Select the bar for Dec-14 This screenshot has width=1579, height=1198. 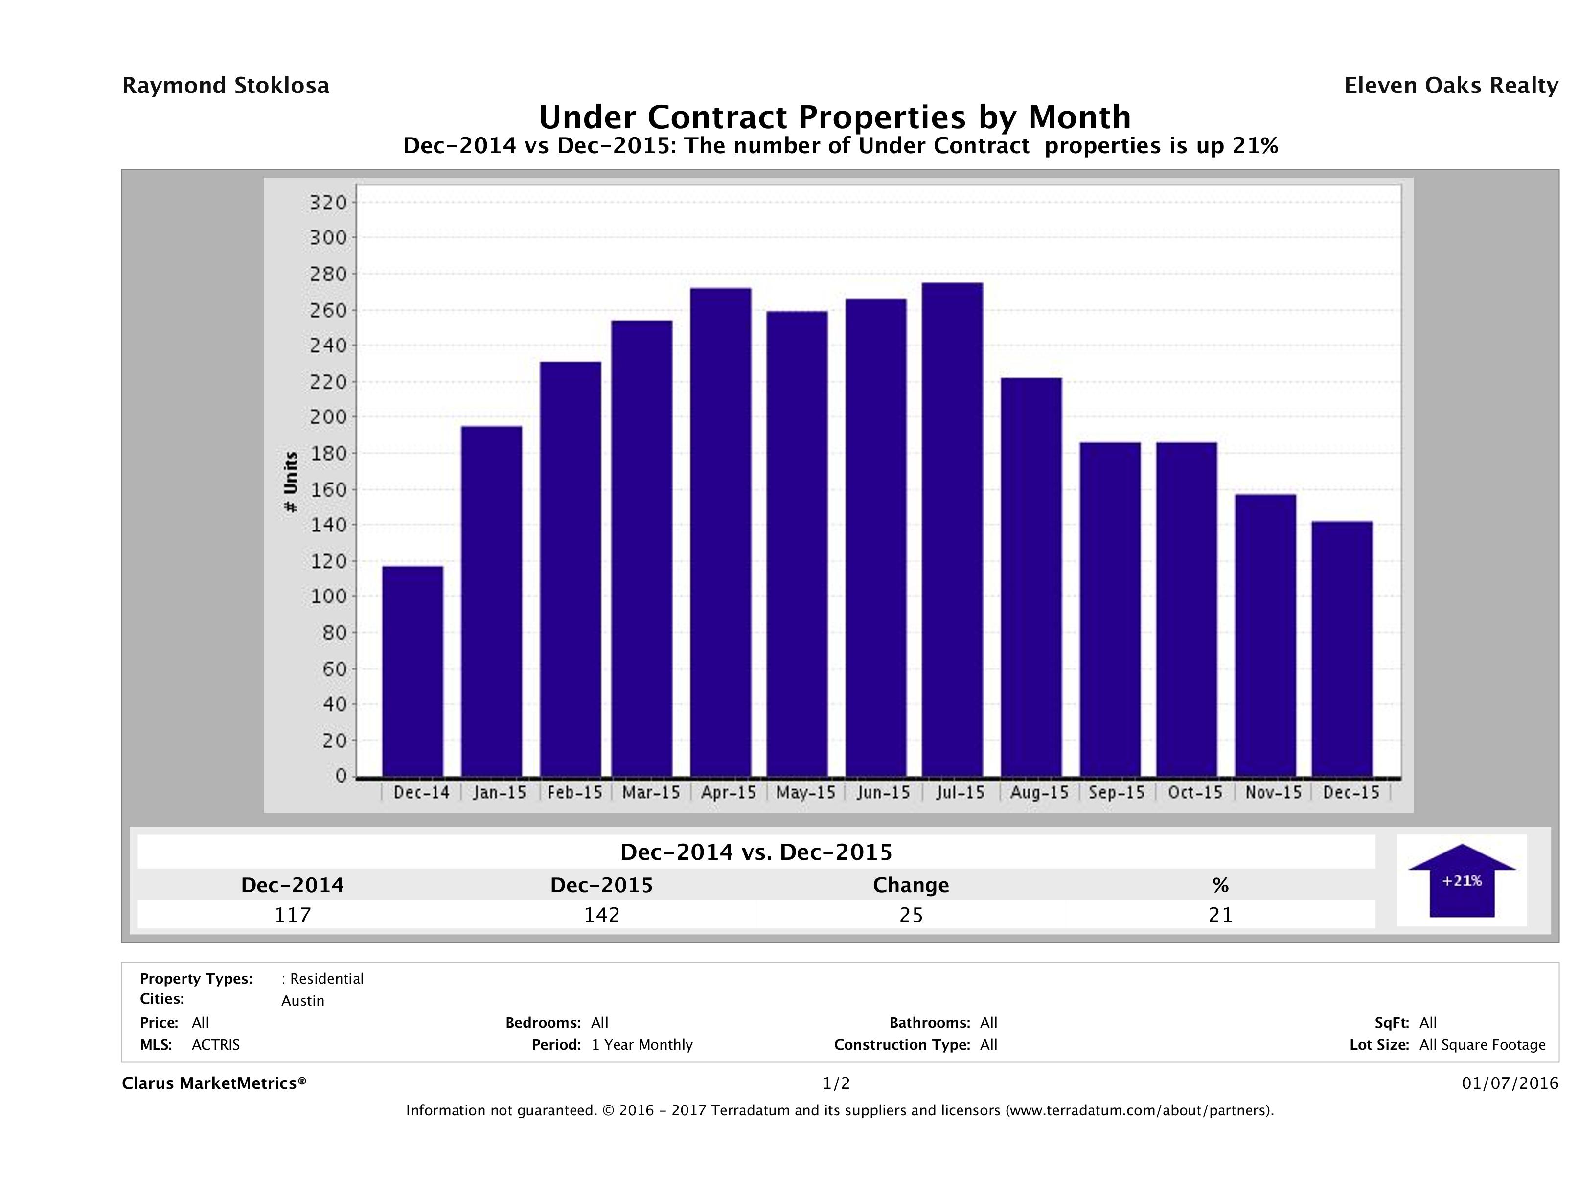coord(412,671)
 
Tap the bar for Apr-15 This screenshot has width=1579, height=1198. coord(721,532)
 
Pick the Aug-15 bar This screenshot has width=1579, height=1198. coord(1031,577)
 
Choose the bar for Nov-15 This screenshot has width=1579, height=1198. coord(1265,635)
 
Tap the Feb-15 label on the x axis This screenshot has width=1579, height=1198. coord(574,792)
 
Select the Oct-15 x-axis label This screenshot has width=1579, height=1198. coord(1195,792)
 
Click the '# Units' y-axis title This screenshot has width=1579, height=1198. coord(291,482)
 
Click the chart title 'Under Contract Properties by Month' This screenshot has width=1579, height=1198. coord(834,117)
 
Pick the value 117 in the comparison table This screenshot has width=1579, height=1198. coord(293,915)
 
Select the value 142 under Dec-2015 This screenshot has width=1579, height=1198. coord(602,915)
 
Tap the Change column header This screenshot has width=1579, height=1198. coord(911,885)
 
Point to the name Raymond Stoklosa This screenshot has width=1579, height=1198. coord(226,86)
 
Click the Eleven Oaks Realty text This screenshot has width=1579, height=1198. coord(1450,86)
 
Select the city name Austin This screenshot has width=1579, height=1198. coord(303,1001)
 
